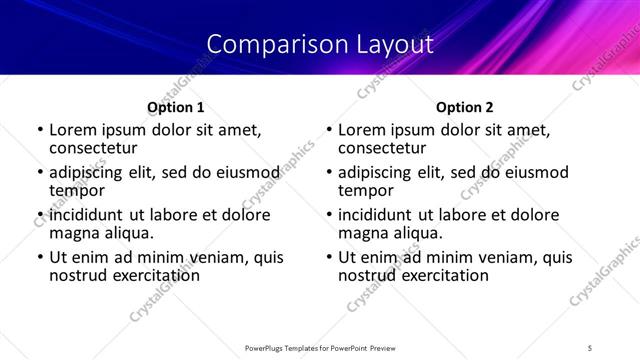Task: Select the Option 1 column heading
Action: [x=176, y=106]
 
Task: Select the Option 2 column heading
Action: [x=465, y=106]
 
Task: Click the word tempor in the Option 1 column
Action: [x=77, y=189]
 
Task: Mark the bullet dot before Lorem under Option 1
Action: [x=40, y=130]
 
